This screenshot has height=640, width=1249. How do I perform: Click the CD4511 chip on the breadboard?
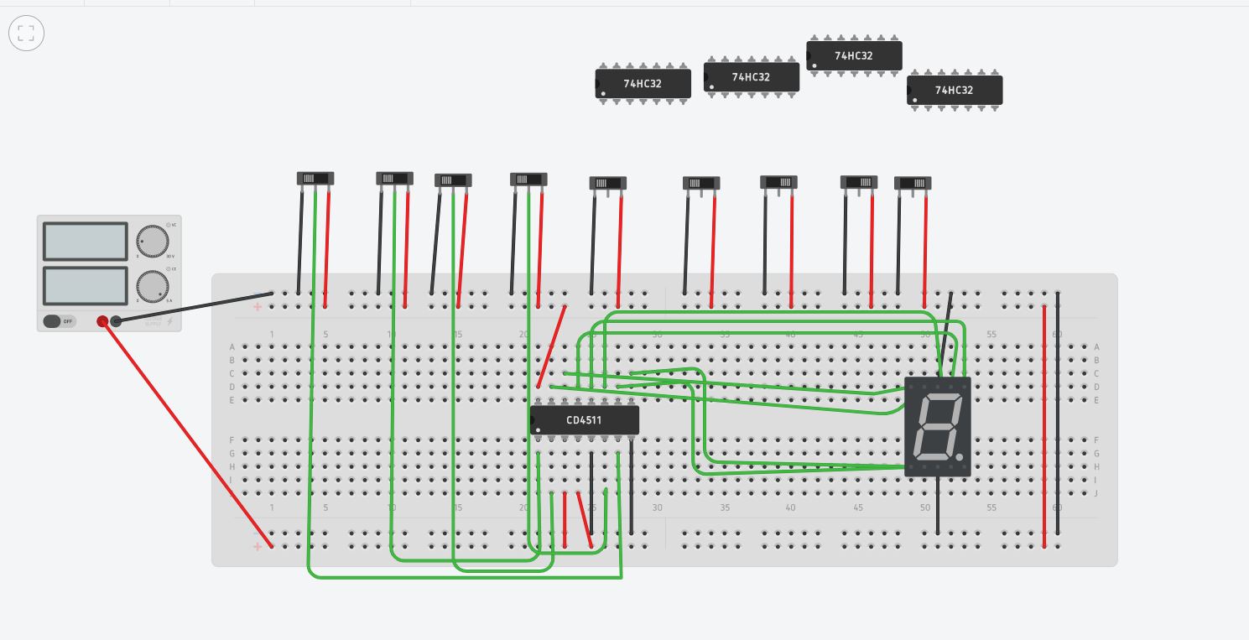585,420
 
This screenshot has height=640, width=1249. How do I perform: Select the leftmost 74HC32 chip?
643,83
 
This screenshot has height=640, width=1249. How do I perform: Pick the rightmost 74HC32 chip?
954,90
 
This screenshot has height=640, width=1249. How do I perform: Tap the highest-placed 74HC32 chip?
853,55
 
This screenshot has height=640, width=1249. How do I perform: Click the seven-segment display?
937,426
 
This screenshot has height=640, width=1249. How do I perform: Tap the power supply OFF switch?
59,321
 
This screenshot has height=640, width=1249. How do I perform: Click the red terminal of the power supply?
102,321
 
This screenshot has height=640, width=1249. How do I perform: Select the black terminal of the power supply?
116,321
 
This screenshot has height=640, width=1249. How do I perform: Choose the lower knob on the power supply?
152,285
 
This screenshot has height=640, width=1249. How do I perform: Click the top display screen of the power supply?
85,241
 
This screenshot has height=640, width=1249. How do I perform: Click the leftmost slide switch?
315,178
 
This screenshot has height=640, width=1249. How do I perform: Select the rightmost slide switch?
913,183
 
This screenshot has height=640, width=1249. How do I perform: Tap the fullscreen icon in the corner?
26,34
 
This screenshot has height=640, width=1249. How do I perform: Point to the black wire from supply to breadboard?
193,307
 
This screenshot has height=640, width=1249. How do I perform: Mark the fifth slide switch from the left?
608,183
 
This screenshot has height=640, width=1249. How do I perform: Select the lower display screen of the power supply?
85,285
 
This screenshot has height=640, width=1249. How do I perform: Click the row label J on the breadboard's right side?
1096,493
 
